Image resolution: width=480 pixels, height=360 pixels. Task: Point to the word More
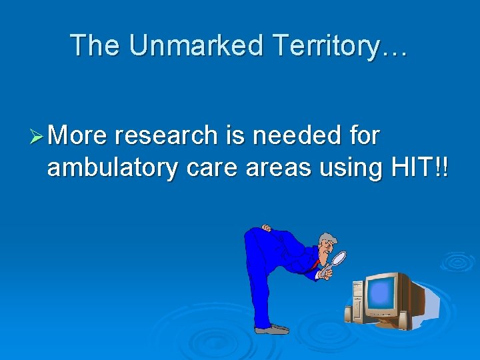[77, 136]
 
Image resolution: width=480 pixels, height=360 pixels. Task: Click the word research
[165, 136]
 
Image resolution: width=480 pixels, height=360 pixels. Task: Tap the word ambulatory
[112, 168]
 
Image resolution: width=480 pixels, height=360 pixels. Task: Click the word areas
[278, 169]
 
